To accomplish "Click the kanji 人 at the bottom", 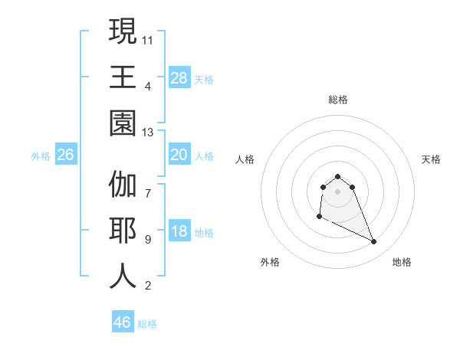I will click(x=123, y=275).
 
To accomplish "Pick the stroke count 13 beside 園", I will click(x=148, y=133).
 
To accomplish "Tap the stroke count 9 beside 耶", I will click(x=148, y=238).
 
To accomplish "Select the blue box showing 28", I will click(x=179, y=77).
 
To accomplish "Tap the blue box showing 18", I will click(x=179, y=232).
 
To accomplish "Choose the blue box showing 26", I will click(x=65, y=155).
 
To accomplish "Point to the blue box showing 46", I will click(x=122, y=322).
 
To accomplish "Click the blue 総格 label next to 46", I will click(x=147, y=324).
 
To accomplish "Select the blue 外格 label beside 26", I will click(x=41, y=156).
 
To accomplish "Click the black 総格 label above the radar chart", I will click(x=337, y=100).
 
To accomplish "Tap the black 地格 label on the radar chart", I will click(x=402, y=262).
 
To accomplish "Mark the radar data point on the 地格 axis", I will click(x=374, y=242).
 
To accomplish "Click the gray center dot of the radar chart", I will click(x=337, y=191).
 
